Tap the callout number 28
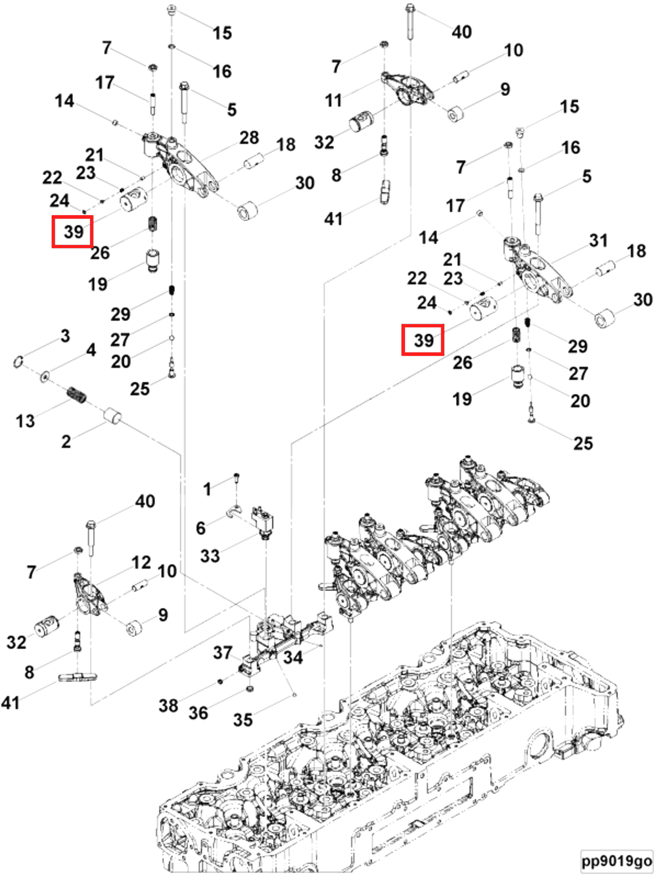coord(249,138)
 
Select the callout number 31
coord(598,240)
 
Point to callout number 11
coord(334,100)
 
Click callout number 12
coord(141,562)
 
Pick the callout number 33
coord(210,556)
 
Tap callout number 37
coord(222,653)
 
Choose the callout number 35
coord(243,720)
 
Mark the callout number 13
coord(25,421)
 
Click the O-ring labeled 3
coord(18,362)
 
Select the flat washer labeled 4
coord(45,376)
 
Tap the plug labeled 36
coord(250,688)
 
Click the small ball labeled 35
coord(294,695)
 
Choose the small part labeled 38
coord(221,682)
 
